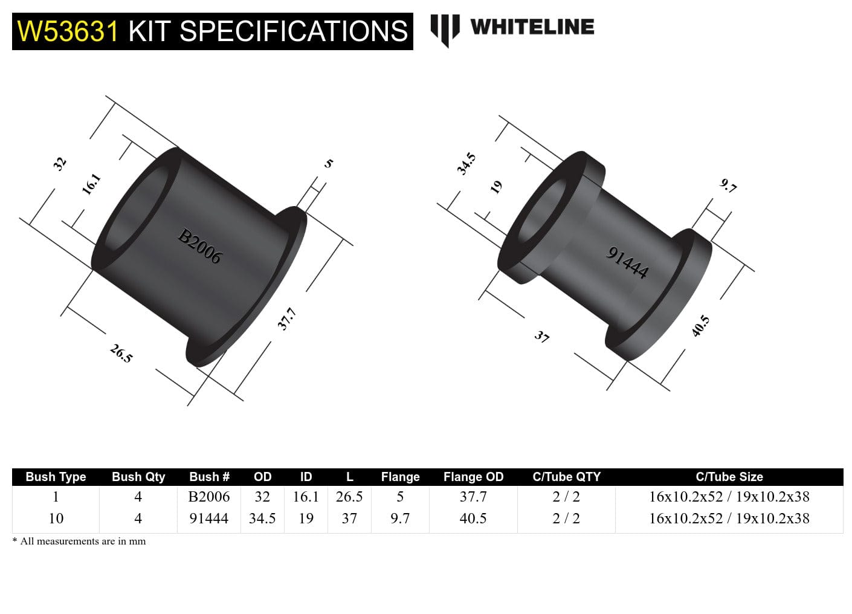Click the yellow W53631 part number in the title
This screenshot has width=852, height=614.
[68, 31]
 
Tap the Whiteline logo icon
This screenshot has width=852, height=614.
[445, 30]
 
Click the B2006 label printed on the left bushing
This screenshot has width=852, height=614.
[199, 246]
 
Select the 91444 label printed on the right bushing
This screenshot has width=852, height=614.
[627, 263]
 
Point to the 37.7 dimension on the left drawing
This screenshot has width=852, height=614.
[286, 318]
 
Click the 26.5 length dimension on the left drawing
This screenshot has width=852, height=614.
[121, 353]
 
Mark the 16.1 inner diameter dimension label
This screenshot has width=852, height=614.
[91, 184]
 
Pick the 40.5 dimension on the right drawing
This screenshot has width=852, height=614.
[700, 326]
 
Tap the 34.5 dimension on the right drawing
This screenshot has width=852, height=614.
[466, 164]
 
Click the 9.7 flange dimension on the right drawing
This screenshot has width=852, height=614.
[729, 186]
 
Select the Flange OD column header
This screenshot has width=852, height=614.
[473, 477]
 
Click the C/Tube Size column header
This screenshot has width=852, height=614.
[729, 477]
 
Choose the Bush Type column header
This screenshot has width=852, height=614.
[56, 477]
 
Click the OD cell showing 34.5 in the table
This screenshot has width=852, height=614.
[262, 519]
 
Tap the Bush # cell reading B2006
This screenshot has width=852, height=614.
[209, 497]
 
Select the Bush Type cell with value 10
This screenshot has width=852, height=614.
[56, 519]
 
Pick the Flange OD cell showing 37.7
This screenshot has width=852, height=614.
[473, 497]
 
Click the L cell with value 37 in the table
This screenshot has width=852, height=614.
[349, 519]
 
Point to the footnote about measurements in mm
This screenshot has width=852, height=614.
[79, 541]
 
